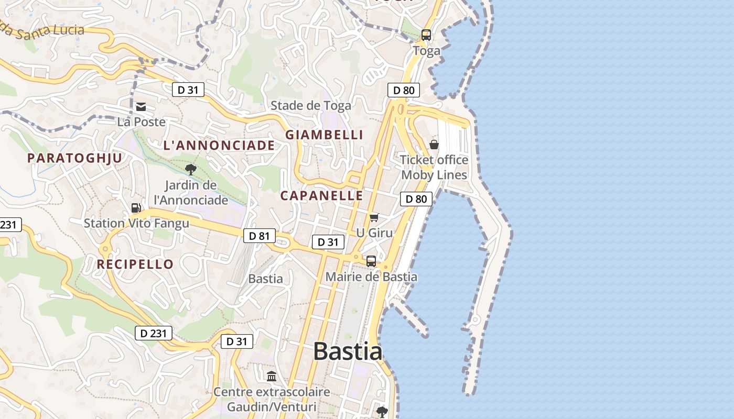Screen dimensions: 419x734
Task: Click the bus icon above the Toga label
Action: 426,35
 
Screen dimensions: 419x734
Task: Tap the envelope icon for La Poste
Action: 141,107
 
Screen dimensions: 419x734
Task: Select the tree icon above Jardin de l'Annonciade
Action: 191,169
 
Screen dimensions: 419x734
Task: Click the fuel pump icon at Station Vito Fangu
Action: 136,208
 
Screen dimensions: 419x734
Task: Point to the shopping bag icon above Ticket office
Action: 434,144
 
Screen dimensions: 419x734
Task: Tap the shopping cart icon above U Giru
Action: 374,217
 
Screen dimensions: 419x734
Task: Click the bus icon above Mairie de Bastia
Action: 371,261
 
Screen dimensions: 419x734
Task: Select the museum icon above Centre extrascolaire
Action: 272,376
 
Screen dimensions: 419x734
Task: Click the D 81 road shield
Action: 259,236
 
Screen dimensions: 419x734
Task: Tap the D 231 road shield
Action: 154,333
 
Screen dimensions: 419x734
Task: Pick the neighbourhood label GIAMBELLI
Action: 324,135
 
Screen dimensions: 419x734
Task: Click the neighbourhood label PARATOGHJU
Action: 74,158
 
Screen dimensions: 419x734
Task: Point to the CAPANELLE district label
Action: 321,195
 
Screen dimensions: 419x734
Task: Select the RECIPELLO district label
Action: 135,264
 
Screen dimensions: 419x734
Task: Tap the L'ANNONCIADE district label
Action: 219,145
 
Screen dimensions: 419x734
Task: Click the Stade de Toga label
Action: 311,105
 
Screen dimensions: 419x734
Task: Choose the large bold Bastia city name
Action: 348,351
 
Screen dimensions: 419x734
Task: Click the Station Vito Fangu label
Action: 136,223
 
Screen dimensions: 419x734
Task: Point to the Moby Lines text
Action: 434,174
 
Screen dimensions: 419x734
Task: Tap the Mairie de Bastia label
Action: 371,277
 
